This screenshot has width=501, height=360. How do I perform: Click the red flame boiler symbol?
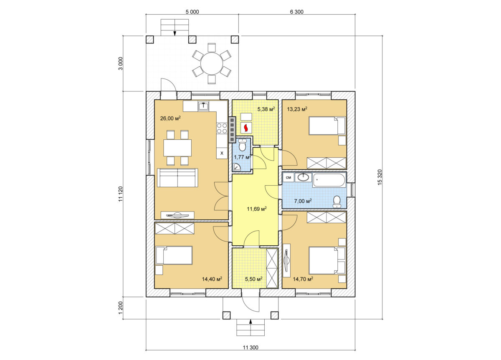coord(246,128)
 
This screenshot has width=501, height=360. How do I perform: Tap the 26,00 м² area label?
coord(170,118)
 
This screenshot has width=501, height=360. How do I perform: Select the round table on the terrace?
coord(212,63)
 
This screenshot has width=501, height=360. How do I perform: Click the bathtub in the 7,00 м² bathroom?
coord(329,181)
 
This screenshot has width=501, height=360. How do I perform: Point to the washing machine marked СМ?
coord(288,178)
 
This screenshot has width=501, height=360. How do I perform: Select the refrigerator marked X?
coord(222,153)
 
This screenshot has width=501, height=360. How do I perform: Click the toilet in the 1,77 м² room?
coord(242,145)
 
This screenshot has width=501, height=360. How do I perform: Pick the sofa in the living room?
coord(177,178)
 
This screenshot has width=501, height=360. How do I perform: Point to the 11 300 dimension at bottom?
coord(250,347)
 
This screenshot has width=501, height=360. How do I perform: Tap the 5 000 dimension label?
coord(192,12)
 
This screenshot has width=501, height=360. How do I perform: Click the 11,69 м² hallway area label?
coord(256,209)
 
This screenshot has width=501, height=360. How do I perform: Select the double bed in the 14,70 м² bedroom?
coord(327,260)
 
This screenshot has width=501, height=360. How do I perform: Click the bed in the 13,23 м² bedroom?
coord(327,126)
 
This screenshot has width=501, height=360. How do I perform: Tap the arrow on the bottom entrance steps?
coord(251,322)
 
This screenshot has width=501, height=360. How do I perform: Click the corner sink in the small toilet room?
coord(236,167)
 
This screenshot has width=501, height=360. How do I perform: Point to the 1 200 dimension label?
coord(121,308)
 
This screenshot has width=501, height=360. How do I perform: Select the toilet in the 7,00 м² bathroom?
coord(337,202)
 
